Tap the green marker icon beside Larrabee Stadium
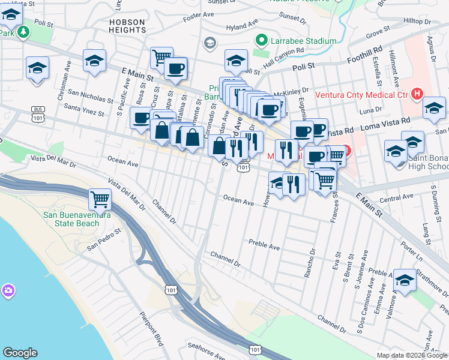tap(261, 41)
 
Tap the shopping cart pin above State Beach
tap(100, 199)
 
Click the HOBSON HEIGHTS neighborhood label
tap(127, 26)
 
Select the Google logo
tap(20, 353)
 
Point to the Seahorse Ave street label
tap(205, 346)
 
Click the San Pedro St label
tap(103, 238)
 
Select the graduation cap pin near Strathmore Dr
tap(405, 280)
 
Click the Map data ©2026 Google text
tap(411, 355)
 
